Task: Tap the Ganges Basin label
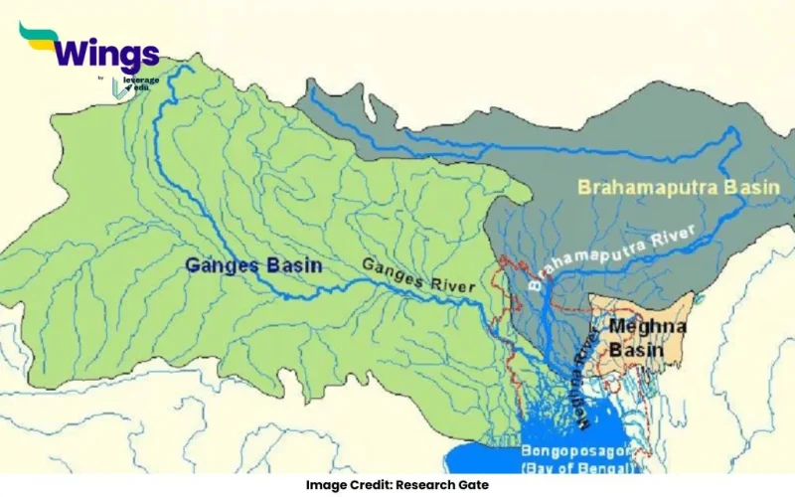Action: pyautogui.click(x=238, y=265)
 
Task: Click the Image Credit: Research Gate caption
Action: pyautogui.click(x=397, y=485)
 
